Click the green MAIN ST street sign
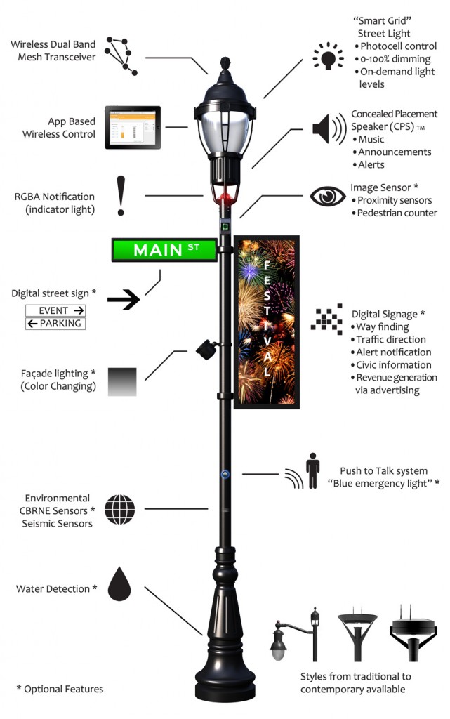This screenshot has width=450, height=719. pos(164,249)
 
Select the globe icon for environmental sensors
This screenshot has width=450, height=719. pos(119,509)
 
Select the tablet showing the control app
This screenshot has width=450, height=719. pos(133,127)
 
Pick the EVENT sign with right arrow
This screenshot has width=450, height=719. pos(55,310)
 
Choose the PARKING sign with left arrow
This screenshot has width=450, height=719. pos(55,324)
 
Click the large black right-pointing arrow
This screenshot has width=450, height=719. pos(124,301)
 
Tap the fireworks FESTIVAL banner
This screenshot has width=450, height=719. pos(267,322)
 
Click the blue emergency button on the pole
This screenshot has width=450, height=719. pos(225,474)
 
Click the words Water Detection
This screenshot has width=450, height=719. pos(53,588)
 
